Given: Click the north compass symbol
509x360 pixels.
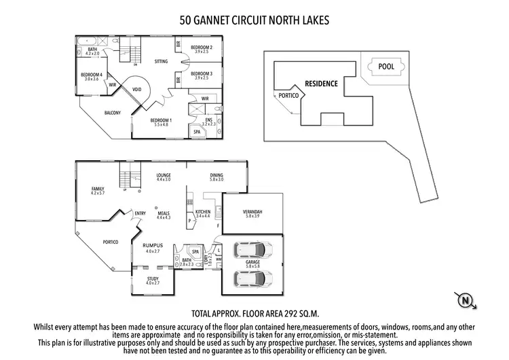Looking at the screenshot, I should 466,300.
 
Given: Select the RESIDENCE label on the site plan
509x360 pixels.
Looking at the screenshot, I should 321,84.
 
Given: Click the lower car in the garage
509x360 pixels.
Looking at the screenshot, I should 253,277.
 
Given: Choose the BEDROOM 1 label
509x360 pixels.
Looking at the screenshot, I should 161,120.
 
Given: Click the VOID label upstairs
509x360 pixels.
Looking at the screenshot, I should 136,90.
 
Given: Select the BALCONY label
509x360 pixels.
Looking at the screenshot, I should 113,113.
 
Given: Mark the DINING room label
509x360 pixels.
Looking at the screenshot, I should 217,175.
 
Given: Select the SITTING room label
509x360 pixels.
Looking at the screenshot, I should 161,61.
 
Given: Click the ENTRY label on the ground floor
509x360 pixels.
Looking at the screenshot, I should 140,213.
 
